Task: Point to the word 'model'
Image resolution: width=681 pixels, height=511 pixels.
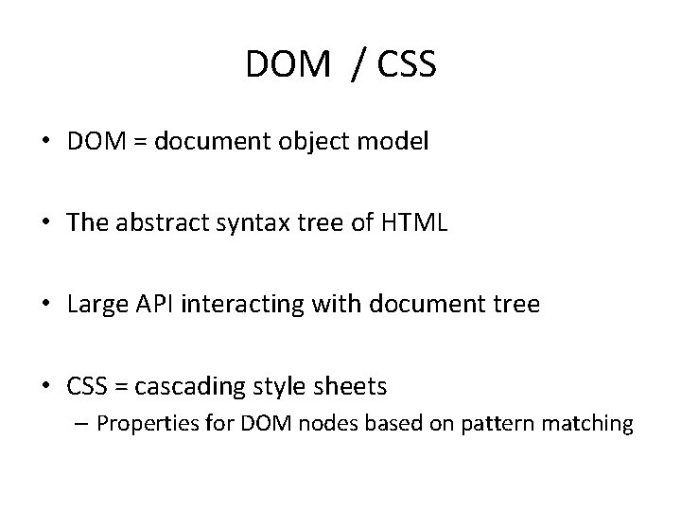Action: tap(399, 143)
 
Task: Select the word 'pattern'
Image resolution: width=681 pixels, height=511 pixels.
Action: tap(496, 424)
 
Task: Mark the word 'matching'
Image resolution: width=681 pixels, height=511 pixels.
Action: tap(585, 424)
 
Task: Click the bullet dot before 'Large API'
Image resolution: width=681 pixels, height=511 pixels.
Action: tap(53, 307)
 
